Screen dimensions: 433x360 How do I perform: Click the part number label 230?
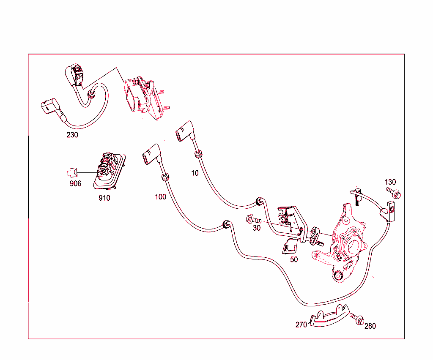(x=72, y=135)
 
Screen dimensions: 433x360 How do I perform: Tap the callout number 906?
(x=75, y=183)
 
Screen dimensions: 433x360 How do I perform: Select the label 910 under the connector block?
(x=104, y=198)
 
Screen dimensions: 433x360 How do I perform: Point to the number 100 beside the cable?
(x=160, y=197)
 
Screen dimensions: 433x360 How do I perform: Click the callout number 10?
(x=195, y=173)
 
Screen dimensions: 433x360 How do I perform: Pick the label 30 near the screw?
(x=257, y=228)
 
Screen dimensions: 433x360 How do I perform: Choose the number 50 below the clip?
(x=294, y=259)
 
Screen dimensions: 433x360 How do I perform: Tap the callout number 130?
(x=390, y=182)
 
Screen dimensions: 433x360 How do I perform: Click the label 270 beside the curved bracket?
(x=301, y=325)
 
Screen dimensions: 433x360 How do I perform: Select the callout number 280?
(x=370, y=326)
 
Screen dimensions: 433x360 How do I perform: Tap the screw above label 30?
(x=253, y=219)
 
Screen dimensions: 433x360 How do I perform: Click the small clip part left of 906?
(x=72, y=173)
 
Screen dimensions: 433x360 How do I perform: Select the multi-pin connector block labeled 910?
(x=110, y=171)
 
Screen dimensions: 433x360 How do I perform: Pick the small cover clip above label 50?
(x=290, y=246)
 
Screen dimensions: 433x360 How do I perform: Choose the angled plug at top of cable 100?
(x=152, y=155)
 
